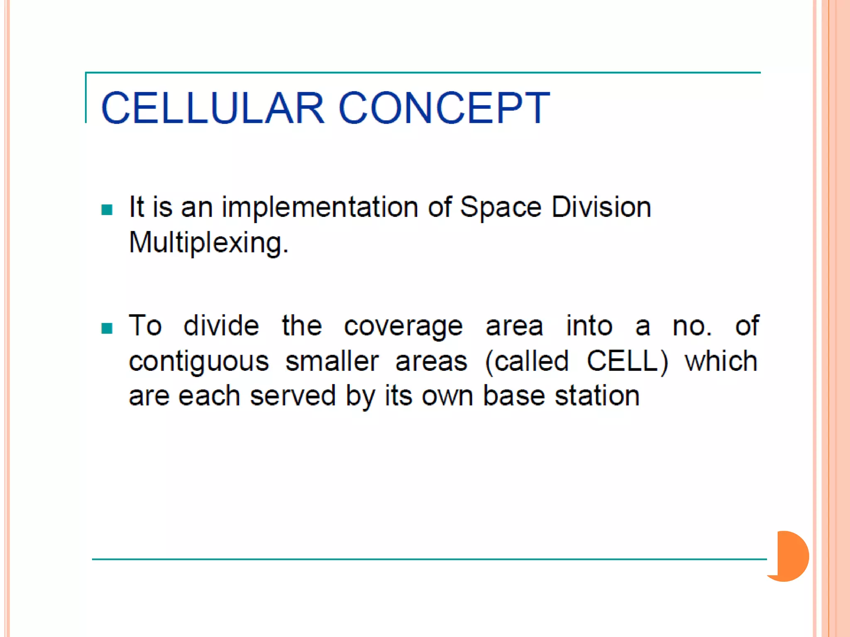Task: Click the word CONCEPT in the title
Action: [444, 108]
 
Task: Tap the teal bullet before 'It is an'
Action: [107, 209]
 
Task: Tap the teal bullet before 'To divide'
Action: [107, 328]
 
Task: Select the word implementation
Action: [320, 207]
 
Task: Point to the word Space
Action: [501, 207]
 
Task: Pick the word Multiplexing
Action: [208, 243]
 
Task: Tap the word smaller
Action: [332, 361]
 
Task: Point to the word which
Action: [721, 361]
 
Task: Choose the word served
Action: [293, 396]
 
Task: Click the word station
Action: [597, 396]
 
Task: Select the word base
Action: [514, 396]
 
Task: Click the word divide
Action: [221, 326]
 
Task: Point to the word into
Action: [589, 326]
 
